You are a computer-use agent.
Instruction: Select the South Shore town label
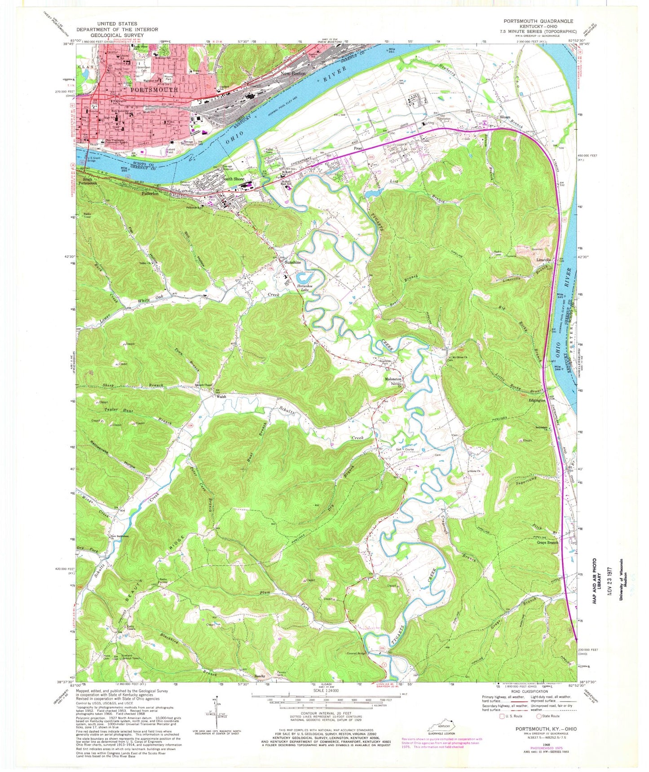point(234,179)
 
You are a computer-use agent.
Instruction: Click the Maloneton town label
point(393,379)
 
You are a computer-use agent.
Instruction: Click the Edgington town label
point(537,400)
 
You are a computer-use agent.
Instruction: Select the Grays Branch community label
point(547,543)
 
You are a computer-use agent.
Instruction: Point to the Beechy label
point(261,676)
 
